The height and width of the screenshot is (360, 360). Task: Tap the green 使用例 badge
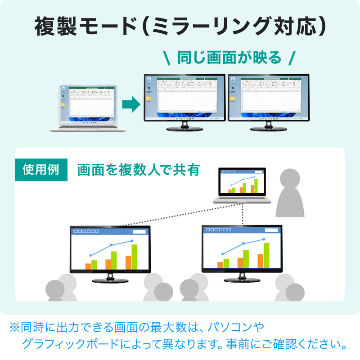coord(41,170)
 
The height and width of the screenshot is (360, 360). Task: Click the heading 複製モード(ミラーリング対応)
coord(180,27)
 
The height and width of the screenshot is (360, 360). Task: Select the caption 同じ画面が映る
coord(229,58)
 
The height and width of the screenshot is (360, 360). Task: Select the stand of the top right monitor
coord(268,126)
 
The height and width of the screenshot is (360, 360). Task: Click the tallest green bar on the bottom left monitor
coord(134,256)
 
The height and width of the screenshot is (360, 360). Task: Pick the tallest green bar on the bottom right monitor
coord(266,255)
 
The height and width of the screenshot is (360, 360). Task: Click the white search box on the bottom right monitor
coord(271,230)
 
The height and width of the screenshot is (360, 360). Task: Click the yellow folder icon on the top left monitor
coord(148,98)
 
